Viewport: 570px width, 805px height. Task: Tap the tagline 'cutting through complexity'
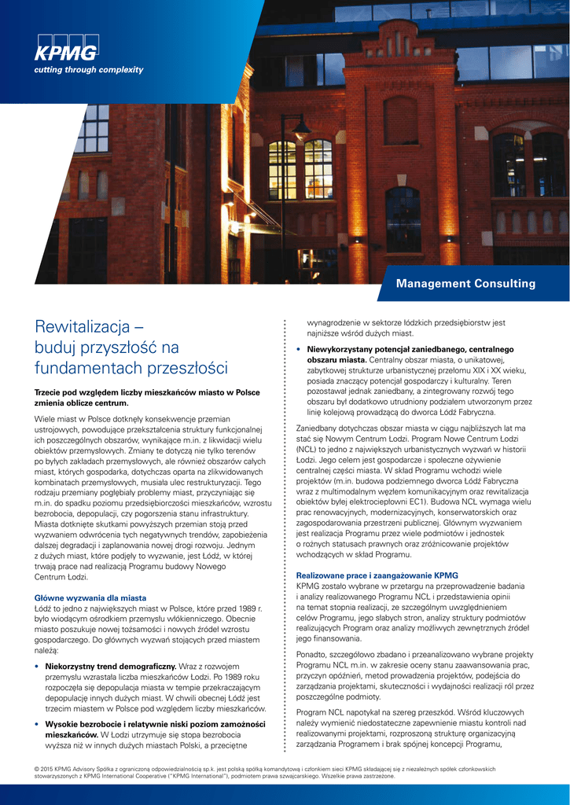click(x=88, y=70)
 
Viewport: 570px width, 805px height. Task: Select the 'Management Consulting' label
click(x=465, y=284)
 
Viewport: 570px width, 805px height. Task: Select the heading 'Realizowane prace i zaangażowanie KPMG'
click(x=377, y=575)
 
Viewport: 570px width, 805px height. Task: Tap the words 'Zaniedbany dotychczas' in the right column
click(x=344, y=428)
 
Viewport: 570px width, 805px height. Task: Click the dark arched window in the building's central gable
click(x=401, y=120)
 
